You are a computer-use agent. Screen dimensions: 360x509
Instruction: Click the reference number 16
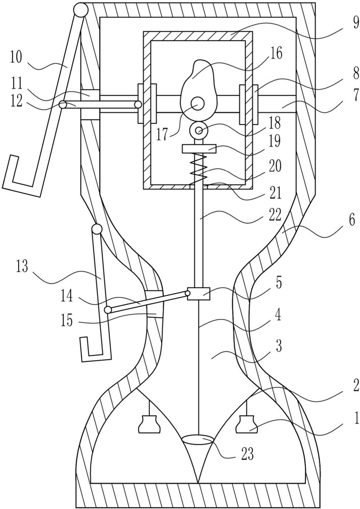(275, 52)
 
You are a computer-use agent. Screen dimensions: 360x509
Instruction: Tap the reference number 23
(247, 454)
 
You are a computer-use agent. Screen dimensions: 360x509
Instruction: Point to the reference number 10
(16, 57)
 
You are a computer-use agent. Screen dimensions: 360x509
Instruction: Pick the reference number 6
(352, 220)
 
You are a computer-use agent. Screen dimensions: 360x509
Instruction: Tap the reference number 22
(275, 215)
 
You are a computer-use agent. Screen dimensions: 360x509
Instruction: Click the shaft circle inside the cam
(197, 104)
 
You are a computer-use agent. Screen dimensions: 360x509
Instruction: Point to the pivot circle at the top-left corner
(80, 10)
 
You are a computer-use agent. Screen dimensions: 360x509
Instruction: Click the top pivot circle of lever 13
(96, 229)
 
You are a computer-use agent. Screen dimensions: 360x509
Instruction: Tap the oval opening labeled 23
(198, 439)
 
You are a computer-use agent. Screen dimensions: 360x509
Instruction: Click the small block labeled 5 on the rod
(199, 294)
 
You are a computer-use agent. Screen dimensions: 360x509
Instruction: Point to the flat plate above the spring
(199, 149)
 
